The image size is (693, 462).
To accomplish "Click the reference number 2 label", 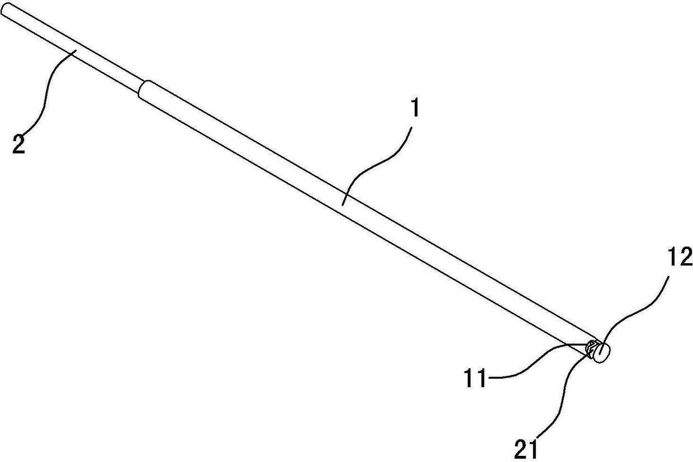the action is tap(18, 145).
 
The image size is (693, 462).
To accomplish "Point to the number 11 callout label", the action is tap(477, 379).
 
